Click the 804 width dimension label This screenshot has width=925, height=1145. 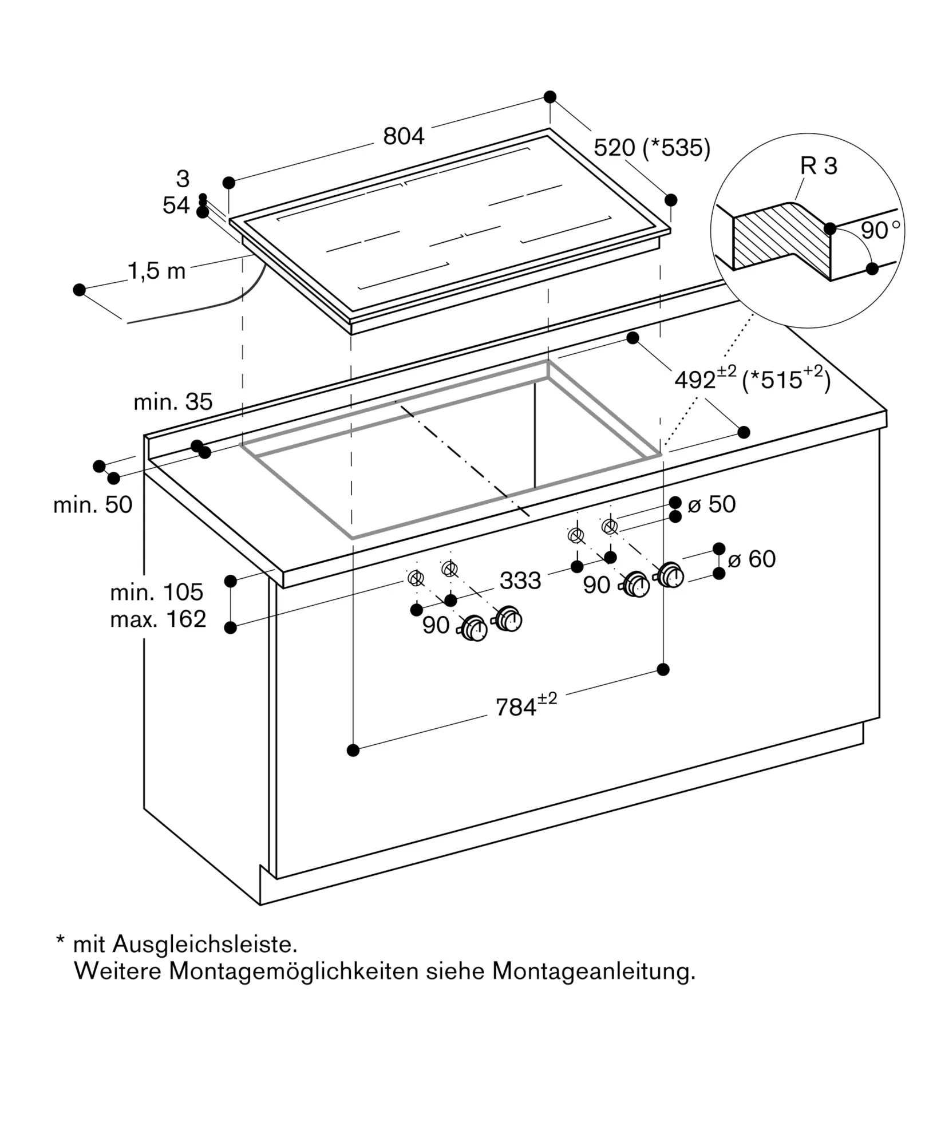[404, 136]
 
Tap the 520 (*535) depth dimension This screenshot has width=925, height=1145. [651, 148]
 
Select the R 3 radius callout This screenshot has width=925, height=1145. [818, 166]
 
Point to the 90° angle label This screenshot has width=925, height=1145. [879, 230]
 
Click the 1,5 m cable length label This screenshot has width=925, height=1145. [156, 271]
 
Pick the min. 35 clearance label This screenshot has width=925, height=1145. [173, 402]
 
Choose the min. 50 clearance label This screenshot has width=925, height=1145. [93, 504]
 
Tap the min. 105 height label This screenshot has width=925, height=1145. [156, 592]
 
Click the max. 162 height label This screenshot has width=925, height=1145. [158, 619]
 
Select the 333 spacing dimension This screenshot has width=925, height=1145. [520, 581]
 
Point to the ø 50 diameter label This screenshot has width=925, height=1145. [711, 504]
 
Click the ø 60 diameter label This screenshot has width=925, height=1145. [752, 559]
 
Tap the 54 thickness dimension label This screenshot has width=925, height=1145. [176, 205]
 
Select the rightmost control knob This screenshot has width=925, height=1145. [670, 575]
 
